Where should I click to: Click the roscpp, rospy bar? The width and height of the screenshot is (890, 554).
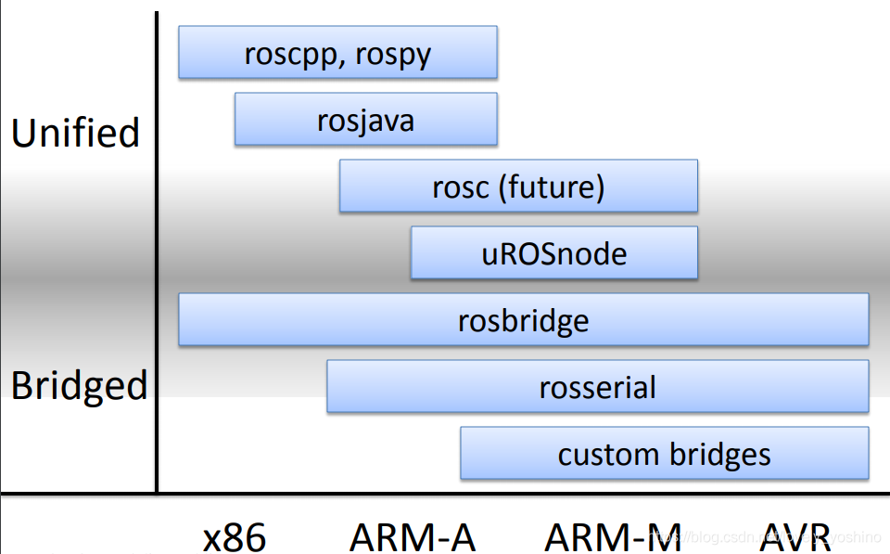coord(337,52)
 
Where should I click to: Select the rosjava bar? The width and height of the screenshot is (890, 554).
coord(365,119)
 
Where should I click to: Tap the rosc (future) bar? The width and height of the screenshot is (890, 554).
coord(518,186)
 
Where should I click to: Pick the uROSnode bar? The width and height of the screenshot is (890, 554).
coord(553,252)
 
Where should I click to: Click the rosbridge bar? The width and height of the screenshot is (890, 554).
coord(523,319)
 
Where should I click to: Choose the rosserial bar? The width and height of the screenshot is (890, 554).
coord(597,386)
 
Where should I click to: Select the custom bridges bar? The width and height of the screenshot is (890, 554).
coord(664,453)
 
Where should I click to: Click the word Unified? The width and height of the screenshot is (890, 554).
coord(75,133)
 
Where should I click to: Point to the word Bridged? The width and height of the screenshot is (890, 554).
coord(79,385)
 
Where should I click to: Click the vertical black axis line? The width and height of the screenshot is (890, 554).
coord(156,251)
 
